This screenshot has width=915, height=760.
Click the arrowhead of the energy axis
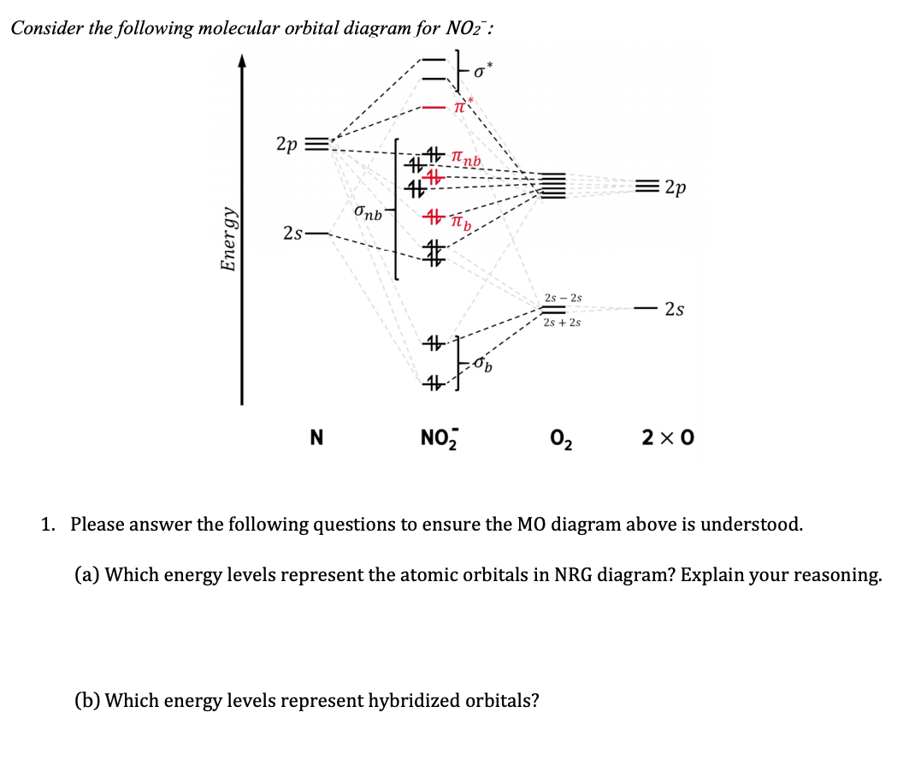(242, 61)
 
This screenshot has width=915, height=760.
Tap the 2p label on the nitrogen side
(286, 143)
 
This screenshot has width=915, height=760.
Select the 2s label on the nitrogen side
(293, 233)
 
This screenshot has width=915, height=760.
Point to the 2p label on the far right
(676, 187)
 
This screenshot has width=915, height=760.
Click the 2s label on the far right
(675, 308)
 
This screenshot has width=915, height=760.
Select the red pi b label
(461, 222)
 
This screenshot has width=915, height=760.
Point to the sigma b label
(483, 365)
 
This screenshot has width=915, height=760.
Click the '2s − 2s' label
(564, 298)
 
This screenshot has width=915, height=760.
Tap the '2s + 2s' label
(562, 323)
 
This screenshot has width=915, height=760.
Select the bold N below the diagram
(316, 437)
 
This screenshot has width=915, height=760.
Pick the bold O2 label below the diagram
(562, 439)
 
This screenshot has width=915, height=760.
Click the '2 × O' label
(668, 437)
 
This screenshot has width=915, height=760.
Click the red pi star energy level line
(434, 108)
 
